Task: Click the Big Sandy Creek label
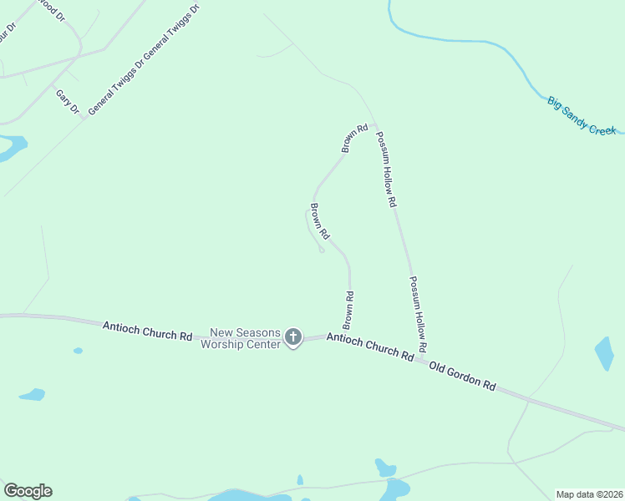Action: click(x=582, y=115)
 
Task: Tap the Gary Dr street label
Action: click(x=68, y=101)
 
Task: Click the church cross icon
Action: click(x=292, y=337)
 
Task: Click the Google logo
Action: click(x=28, y=491)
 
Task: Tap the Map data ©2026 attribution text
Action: click(x=589, y=493)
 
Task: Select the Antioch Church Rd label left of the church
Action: click(x=147, y=330)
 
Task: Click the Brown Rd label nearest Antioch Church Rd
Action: click(x=349, y=309)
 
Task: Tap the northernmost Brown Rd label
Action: click(x=355, y=139)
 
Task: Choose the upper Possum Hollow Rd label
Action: click(x=386, y=169)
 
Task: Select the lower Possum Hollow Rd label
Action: click(x=418, y=313)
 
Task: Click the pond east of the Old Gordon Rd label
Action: click(x=604, y=352)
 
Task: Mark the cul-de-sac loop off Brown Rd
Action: click(x=321, y=250)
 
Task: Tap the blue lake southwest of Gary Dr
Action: click(x=10, y=149)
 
